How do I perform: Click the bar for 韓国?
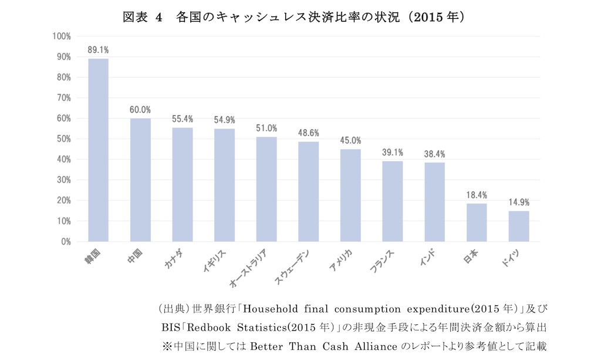98,150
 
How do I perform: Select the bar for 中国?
140,180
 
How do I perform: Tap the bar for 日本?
477,223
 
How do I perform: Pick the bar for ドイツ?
519,226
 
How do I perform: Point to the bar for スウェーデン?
309,191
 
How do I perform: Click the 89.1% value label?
98,50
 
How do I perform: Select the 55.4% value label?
183,119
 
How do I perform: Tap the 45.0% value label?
350,140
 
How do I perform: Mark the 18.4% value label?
477,195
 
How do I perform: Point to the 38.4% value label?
434,154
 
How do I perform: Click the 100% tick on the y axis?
62,36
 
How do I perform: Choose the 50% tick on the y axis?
63,139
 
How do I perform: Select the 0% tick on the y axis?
66,242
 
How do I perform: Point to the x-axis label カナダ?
174,259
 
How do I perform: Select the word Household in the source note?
270,309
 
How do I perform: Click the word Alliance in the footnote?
376,346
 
